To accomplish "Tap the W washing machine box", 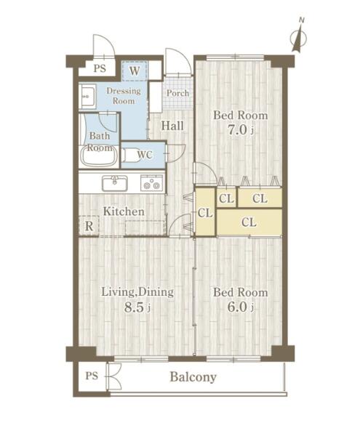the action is point(135,71).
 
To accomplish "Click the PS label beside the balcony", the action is point(92,376).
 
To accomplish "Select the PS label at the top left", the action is point(100,68).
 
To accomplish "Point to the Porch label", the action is point(177,93).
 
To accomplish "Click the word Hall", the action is point(172,126).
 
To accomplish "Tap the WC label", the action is point(145,155).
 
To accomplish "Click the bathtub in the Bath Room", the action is point(99,157).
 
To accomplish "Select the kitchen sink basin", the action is point(115,184).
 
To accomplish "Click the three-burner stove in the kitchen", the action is point(151,182).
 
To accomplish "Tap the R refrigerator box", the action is point(89,226).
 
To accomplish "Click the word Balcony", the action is point(193,377).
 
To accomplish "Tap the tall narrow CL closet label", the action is point(205,213).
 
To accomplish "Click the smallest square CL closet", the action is point(226,198).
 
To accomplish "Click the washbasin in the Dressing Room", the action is point(87,96).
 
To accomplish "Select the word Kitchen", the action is point(124,211).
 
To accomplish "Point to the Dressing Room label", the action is point(124,96).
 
